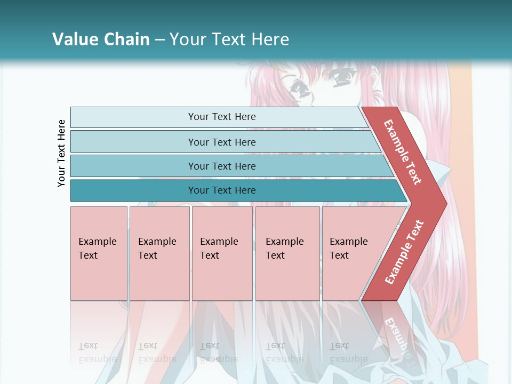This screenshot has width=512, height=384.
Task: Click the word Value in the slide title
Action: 74,39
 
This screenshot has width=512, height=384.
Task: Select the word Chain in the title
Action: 126,39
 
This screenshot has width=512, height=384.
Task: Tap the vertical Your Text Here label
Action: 61,153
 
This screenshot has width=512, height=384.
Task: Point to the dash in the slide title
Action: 159,40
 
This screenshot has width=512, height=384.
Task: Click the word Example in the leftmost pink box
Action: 97,242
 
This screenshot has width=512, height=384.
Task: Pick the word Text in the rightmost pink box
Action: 339,255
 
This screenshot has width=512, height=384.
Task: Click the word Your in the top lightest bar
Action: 198,117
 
